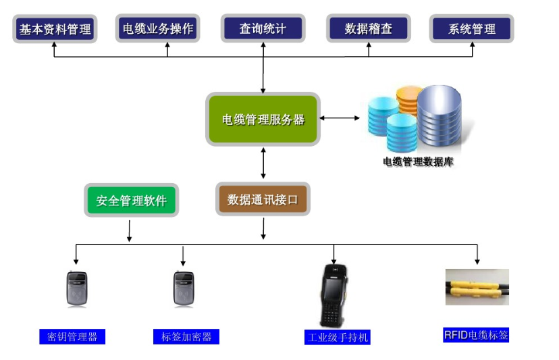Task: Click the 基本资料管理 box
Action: (x=55, y=29)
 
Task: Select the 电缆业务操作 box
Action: (x=158, y=29)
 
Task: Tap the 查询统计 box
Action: (x=263, y=29)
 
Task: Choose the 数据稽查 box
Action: (x=368, y=29)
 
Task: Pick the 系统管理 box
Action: (x=472, y=29)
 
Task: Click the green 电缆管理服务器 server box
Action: (x=263, y=120)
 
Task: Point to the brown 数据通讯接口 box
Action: (x=263, y=199)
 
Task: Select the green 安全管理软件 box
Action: (x=131, y=201)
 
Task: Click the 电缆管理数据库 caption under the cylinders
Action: (x=418, y=162)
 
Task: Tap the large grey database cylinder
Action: (x=439, y=116)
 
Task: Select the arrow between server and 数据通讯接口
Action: (x=263, y=163)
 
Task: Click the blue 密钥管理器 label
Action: (x=72, y=336)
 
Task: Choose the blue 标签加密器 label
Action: (x=186, y=336)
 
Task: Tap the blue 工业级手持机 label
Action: (x=337, y=337)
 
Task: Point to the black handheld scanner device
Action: (x=335, y=294)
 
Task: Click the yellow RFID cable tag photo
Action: (x=477, y=288)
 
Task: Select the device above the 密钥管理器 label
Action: (x=76, y=289)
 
